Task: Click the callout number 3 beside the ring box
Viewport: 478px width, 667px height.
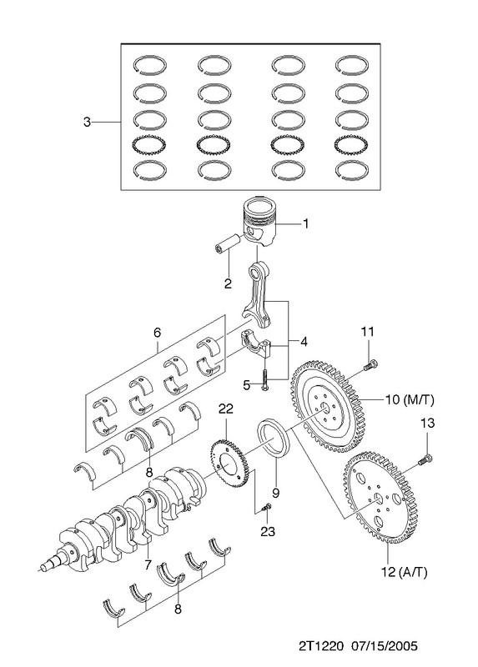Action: coord(87,122)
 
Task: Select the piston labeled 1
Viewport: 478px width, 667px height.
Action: coord(259,221)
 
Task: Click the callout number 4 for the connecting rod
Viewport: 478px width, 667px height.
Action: coord(303,342)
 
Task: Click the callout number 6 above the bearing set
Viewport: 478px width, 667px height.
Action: coord(158,332)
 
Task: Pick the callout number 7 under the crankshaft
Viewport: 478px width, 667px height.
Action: coord(148,565)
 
